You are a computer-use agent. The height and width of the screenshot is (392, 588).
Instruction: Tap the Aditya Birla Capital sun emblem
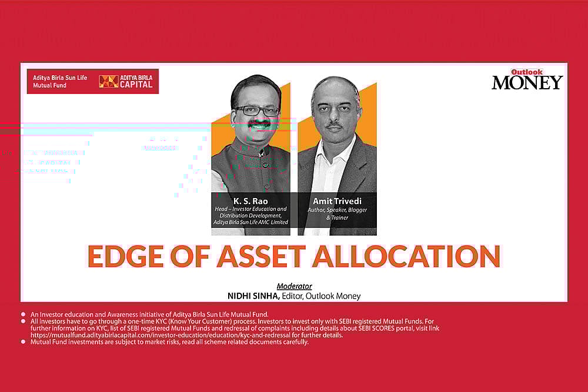click(x=108, y=81)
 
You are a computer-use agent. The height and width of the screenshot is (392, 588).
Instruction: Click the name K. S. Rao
click(x=251, y=201)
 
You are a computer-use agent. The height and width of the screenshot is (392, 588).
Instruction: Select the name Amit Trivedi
click(x=336, y=201)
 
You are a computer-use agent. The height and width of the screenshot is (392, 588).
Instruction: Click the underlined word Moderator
click(x=295, y=287)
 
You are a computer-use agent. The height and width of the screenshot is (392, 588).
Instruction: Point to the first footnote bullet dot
click(x=23, y=314)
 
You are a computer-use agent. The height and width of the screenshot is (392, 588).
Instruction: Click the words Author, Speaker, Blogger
click(x=336, y=209)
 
